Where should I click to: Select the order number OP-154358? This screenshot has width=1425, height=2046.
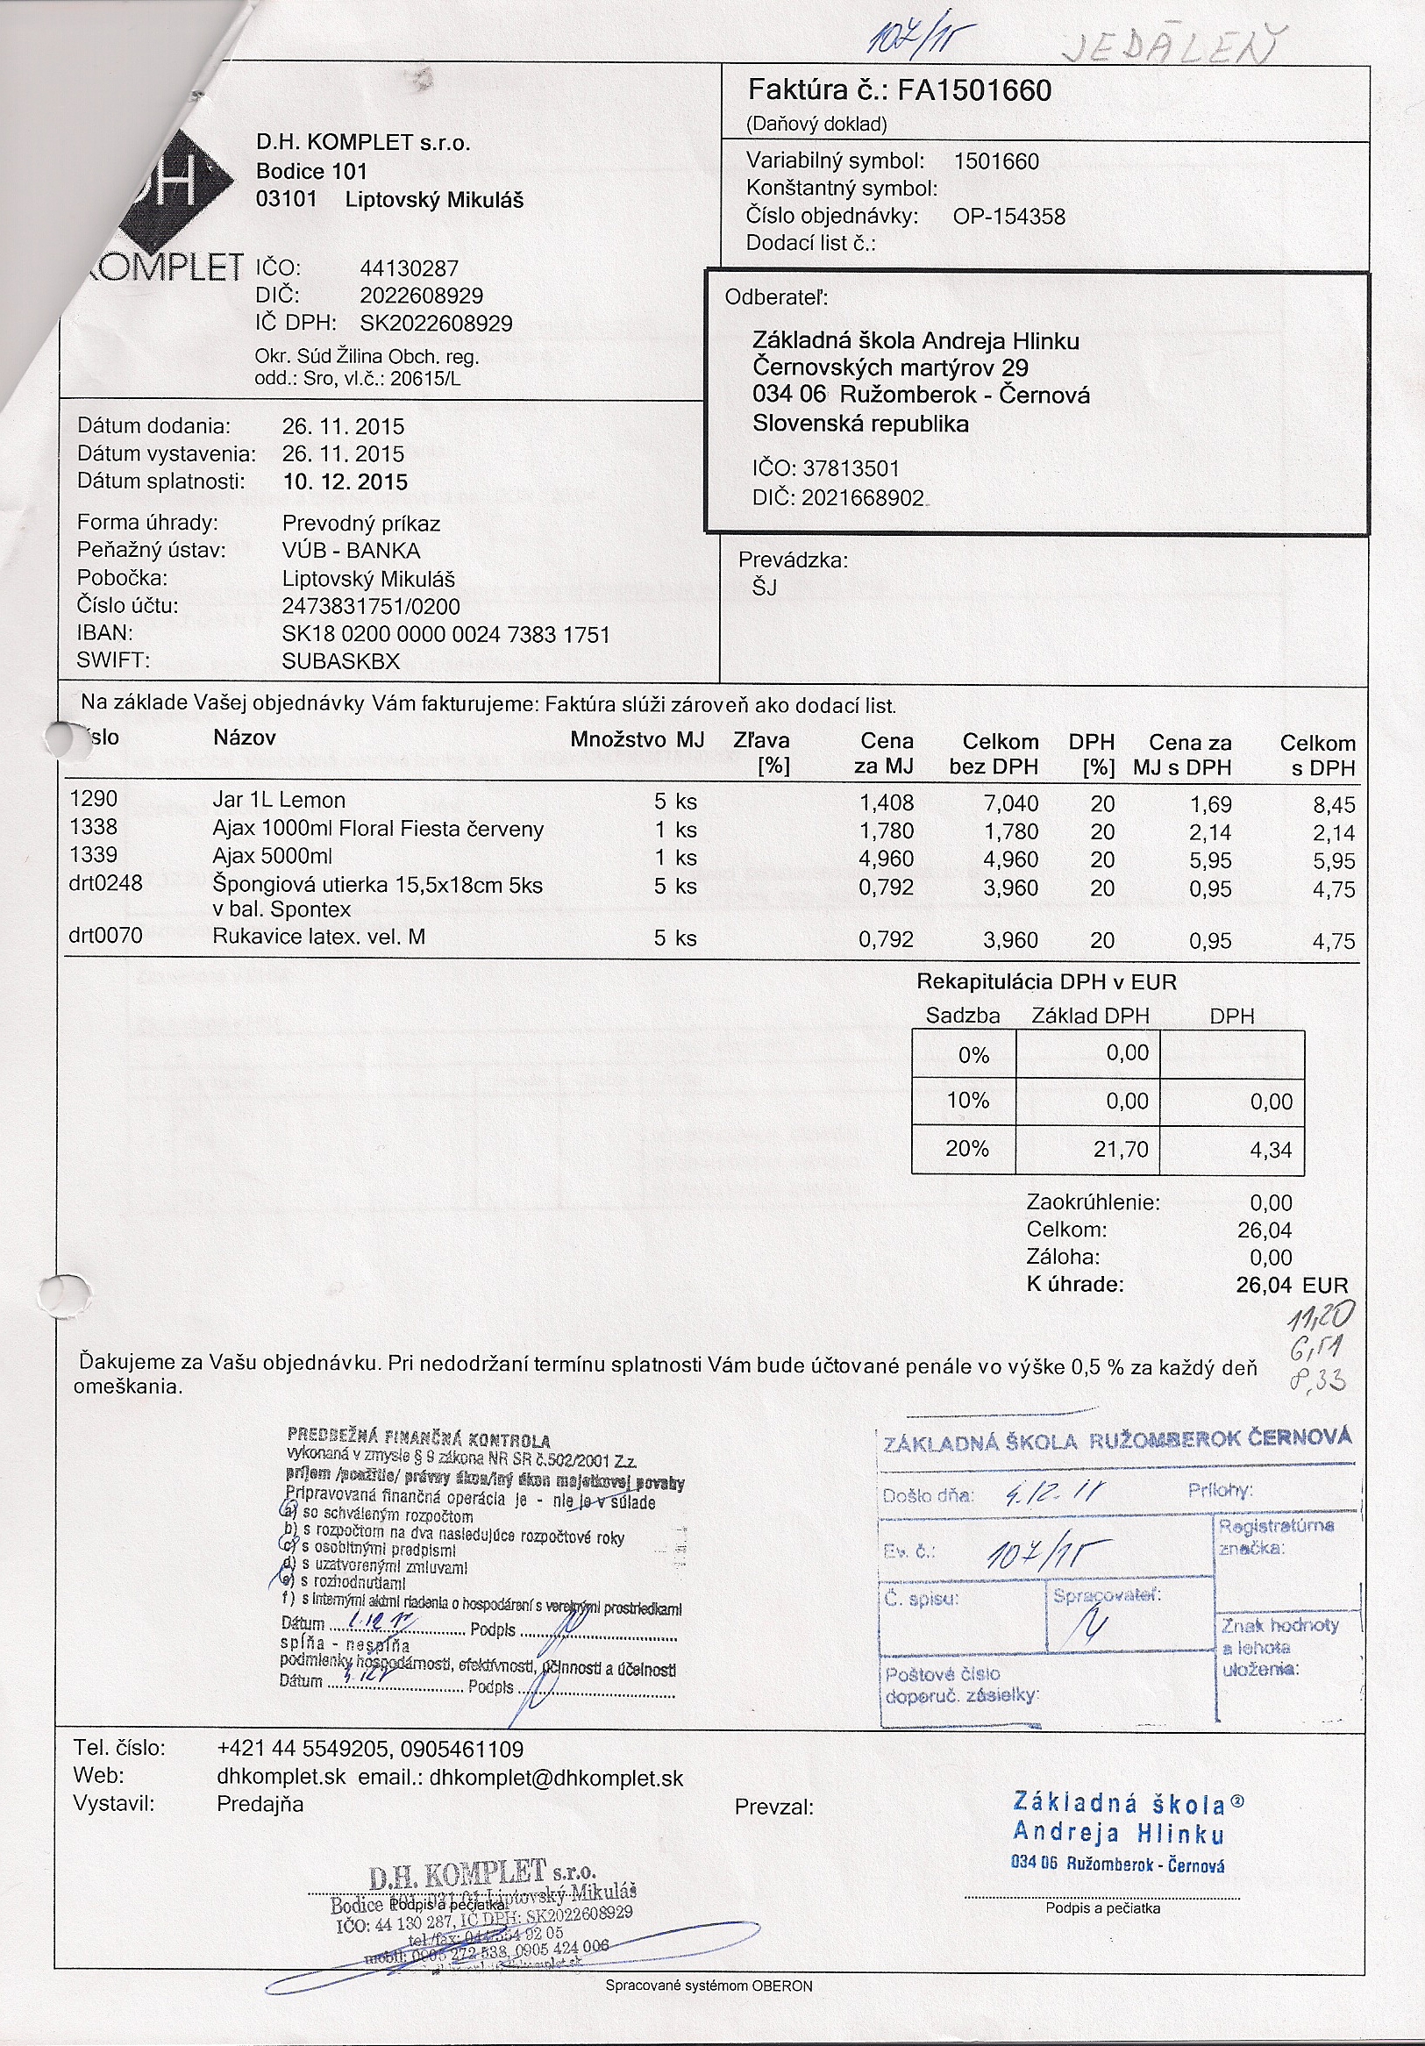point(1008,217)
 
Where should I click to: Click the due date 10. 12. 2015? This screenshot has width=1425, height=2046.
point(345,482)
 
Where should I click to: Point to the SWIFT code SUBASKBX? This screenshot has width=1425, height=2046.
point(340,661)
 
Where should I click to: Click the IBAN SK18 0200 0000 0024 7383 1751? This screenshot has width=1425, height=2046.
point(445,634)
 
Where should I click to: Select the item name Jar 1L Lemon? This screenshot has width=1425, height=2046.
point(278,800)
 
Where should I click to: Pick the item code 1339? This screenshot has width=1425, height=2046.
point(93,854)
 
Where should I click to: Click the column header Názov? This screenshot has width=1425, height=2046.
point(244,738)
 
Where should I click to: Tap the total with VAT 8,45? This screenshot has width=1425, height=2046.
point(1333,806)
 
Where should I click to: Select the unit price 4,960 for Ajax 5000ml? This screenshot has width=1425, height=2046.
point(886,859)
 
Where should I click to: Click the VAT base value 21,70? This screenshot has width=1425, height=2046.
point(1120,1150)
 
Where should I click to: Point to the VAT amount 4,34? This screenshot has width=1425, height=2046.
point(1270,1151)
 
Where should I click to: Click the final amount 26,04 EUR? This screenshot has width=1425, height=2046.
point(1292,1285)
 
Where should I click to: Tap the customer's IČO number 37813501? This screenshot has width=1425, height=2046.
point(851,468)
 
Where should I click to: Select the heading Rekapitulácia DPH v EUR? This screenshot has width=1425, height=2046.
point(1046,982)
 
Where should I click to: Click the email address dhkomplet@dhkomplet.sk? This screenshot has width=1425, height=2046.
point(556,1778)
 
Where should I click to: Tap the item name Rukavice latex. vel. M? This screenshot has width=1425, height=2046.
point(318,937)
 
